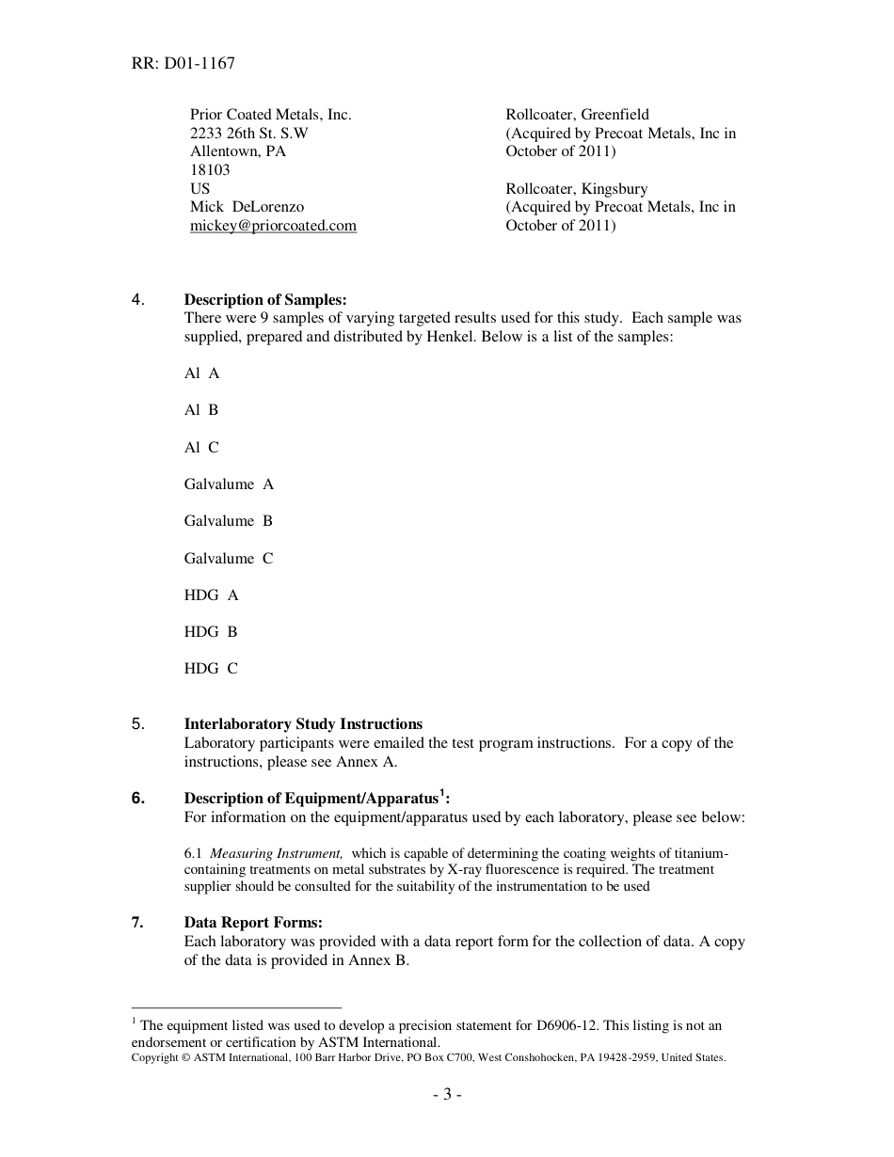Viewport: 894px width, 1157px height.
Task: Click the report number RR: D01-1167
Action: pyautogui.click(x=184, y=64)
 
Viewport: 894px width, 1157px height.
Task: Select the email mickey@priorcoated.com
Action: pyautogui.click(x=273, y=226)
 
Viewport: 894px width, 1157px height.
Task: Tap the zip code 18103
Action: pyautogui.click(x=210, y=170)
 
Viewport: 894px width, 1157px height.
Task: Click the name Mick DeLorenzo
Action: pyautogui.click(x=247, y=207)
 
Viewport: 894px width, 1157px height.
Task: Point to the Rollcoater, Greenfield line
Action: pyautogui.click(x=577, y=115)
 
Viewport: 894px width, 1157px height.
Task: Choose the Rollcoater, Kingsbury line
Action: pyautogui.click(x=576, y=189)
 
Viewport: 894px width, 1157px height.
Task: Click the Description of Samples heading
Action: pyautogui.click(x=265, y=300)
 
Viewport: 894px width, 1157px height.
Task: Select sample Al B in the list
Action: pyautogui.click(x=201, y=410)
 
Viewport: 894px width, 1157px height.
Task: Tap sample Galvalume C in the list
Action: pyautogui.click(x=229, y=559)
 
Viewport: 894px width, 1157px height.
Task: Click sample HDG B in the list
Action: pyautogui.click(x=211, y=632)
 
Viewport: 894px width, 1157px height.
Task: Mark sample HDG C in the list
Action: pyautogui.click(x=211, y=669)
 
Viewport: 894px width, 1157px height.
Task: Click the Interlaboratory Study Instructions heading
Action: pyautogui.click(x=303, y=724)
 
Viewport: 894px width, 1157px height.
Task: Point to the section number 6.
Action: pyautogui.click(x=138, y=799)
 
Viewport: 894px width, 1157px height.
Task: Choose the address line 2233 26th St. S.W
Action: pyautogui.click(x=248, y=134)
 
